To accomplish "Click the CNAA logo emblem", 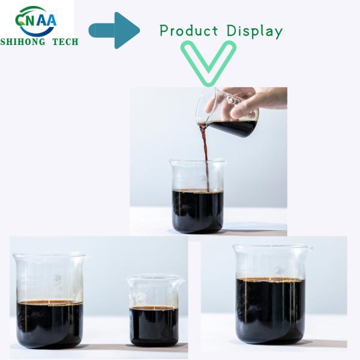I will coord(37,21).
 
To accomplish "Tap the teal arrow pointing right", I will coord(114,30).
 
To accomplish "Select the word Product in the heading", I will coord(189,31).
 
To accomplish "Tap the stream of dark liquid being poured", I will coord(205,156).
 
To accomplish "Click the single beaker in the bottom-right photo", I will coord(271,297).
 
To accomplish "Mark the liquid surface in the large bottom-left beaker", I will coord(49,302).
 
